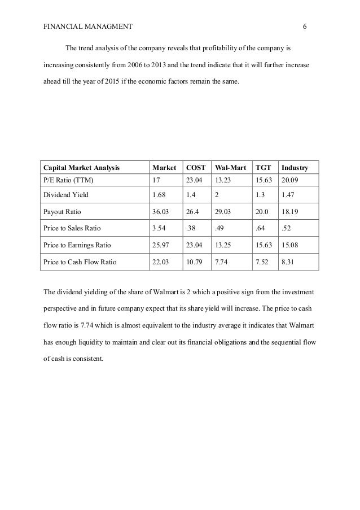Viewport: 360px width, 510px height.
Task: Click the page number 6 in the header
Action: tap(304, 27)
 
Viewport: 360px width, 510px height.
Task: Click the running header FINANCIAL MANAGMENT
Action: tap(87, 27)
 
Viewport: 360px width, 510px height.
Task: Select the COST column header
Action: tap(196, 168)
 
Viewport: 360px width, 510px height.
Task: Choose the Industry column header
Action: tap(295, 168)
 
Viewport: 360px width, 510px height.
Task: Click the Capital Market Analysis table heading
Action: tap(84, 168)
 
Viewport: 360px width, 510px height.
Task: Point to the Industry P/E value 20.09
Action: tap(291, 180)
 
